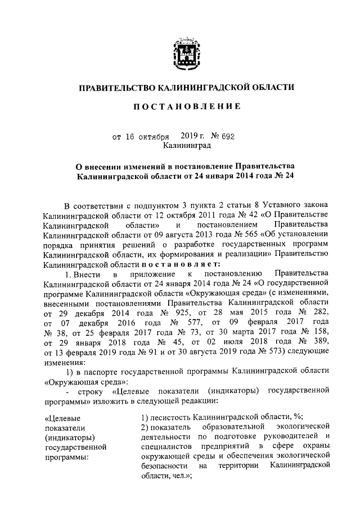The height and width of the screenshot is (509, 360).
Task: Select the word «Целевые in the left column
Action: click(61, 417)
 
